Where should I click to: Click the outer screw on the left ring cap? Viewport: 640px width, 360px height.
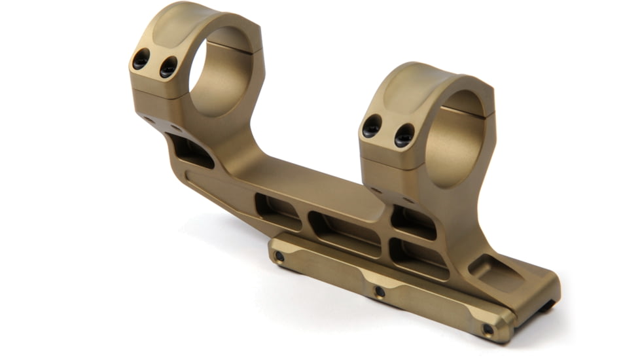[141, 60]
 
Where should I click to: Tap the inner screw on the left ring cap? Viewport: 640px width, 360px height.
[168, 65]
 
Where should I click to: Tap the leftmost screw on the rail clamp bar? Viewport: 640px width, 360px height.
[280, 257]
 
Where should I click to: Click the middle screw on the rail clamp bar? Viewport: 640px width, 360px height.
[379, 290]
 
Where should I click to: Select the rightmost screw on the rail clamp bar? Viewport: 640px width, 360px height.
[488, 329]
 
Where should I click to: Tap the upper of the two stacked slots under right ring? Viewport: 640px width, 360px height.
[414, 223]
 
